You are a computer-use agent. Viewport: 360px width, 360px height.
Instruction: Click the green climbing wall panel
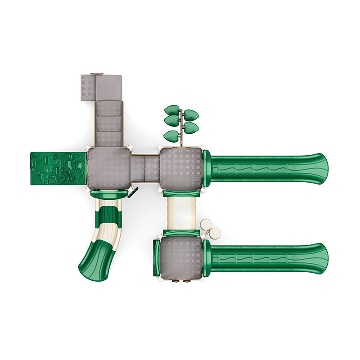point(58,168)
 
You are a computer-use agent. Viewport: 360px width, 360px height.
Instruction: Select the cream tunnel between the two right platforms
point(181,213)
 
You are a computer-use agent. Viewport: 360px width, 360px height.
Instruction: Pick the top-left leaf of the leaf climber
point(172,110)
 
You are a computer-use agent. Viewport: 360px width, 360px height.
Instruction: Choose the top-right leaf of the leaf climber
point(191,115)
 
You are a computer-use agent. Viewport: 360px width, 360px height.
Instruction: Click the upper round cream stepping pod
point(206,224)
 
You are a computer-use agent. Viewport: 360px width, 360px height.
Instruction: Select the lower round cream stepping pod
point(215,233)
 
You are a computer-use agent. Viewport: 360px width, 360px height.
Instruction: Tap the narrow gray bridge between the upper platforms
point(145,168)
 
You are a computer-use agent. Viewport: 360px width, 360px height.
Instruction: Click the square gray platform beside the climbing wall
point(109,168)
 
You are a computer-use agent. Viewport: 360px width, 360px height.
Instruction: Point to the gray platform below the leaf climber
point(181,169)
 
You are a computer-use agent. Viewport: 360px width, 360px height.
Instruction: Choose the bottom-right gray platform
point(181,257)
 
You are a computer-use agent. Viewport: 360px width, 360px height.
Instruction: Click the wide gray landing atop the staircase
point(102,87)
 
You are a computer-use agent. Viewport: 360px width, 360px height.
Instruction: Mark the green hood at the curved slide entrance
point(108,194)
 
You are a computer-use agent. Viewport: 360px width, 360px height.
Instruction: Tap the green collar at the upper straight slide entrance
point(207,169)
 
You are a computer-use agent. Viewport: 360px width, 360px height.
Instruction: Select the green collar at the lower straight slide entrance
point(207,258)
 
